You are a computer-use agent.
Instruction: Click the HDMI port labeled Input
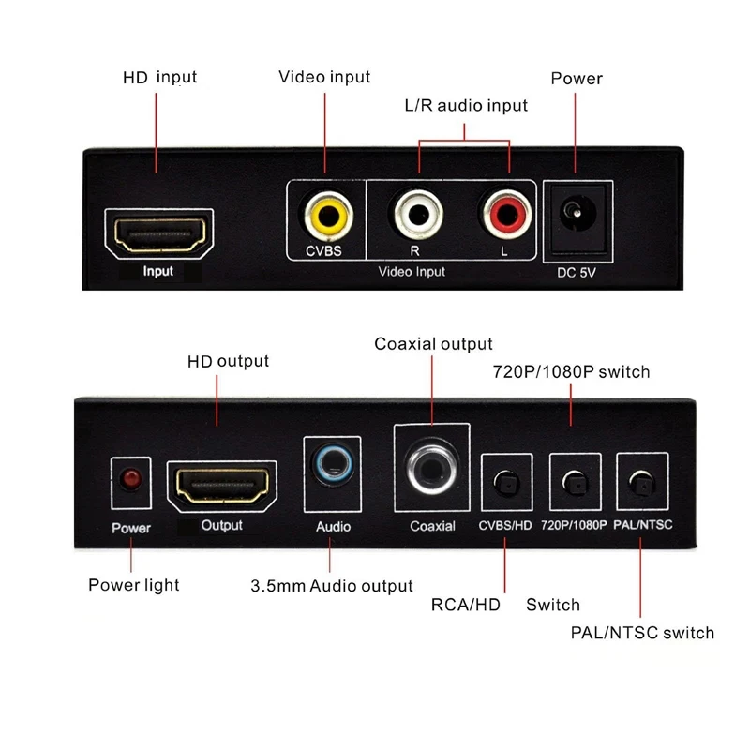158,234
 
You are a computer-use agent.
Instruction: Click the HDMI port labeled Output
222,485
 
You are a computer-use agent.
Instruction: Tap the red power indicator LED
130,480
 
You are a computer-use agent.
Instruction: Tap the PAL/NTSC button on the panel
641,484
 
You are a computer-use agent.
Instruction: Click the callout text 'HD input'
159,77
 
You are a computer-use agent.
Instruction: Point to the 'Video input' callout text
324,77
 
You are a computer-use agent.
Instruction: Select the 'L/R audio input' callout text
465,106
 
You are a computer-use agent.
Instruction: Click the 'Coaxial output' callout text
433,344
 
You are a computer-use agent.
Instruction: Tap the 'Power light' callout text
133,585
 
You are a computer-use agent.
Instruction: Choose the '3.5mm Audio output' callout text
331,586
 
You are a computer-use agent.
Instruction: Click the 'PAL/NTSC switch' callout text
642,633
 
